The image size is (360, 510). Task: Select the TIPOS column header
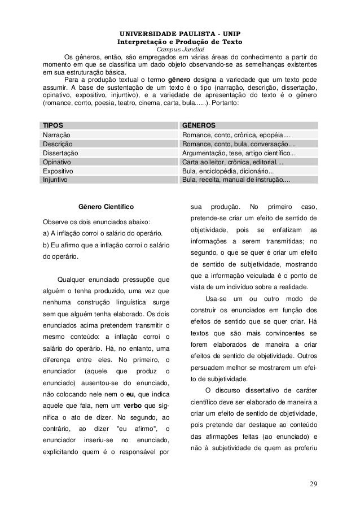(x=53, y=125)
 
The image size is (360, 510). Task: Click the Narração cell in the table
(x=57, y=135)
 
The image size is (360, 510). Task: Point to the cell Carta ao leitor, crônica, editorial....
(x=232, y=162)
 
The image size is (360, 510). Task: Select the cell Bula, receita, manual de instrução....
(x=236, y=180)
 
